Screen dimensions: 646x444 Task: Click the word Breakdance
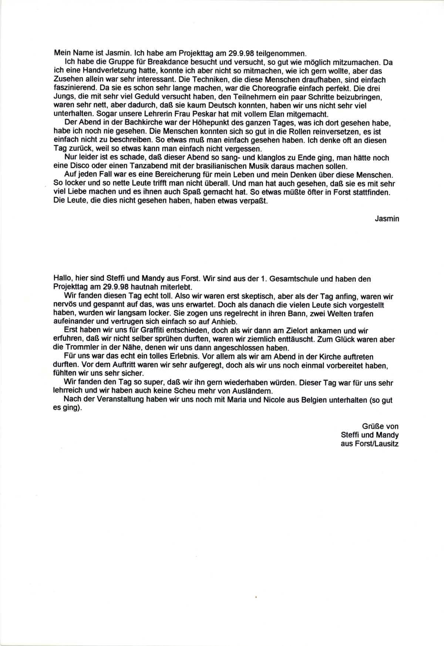[137, 63]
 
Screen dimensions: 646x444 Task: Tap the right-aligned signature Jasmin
[387, 219]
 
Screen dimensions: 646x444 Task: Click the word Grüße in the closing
[373, 426]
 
